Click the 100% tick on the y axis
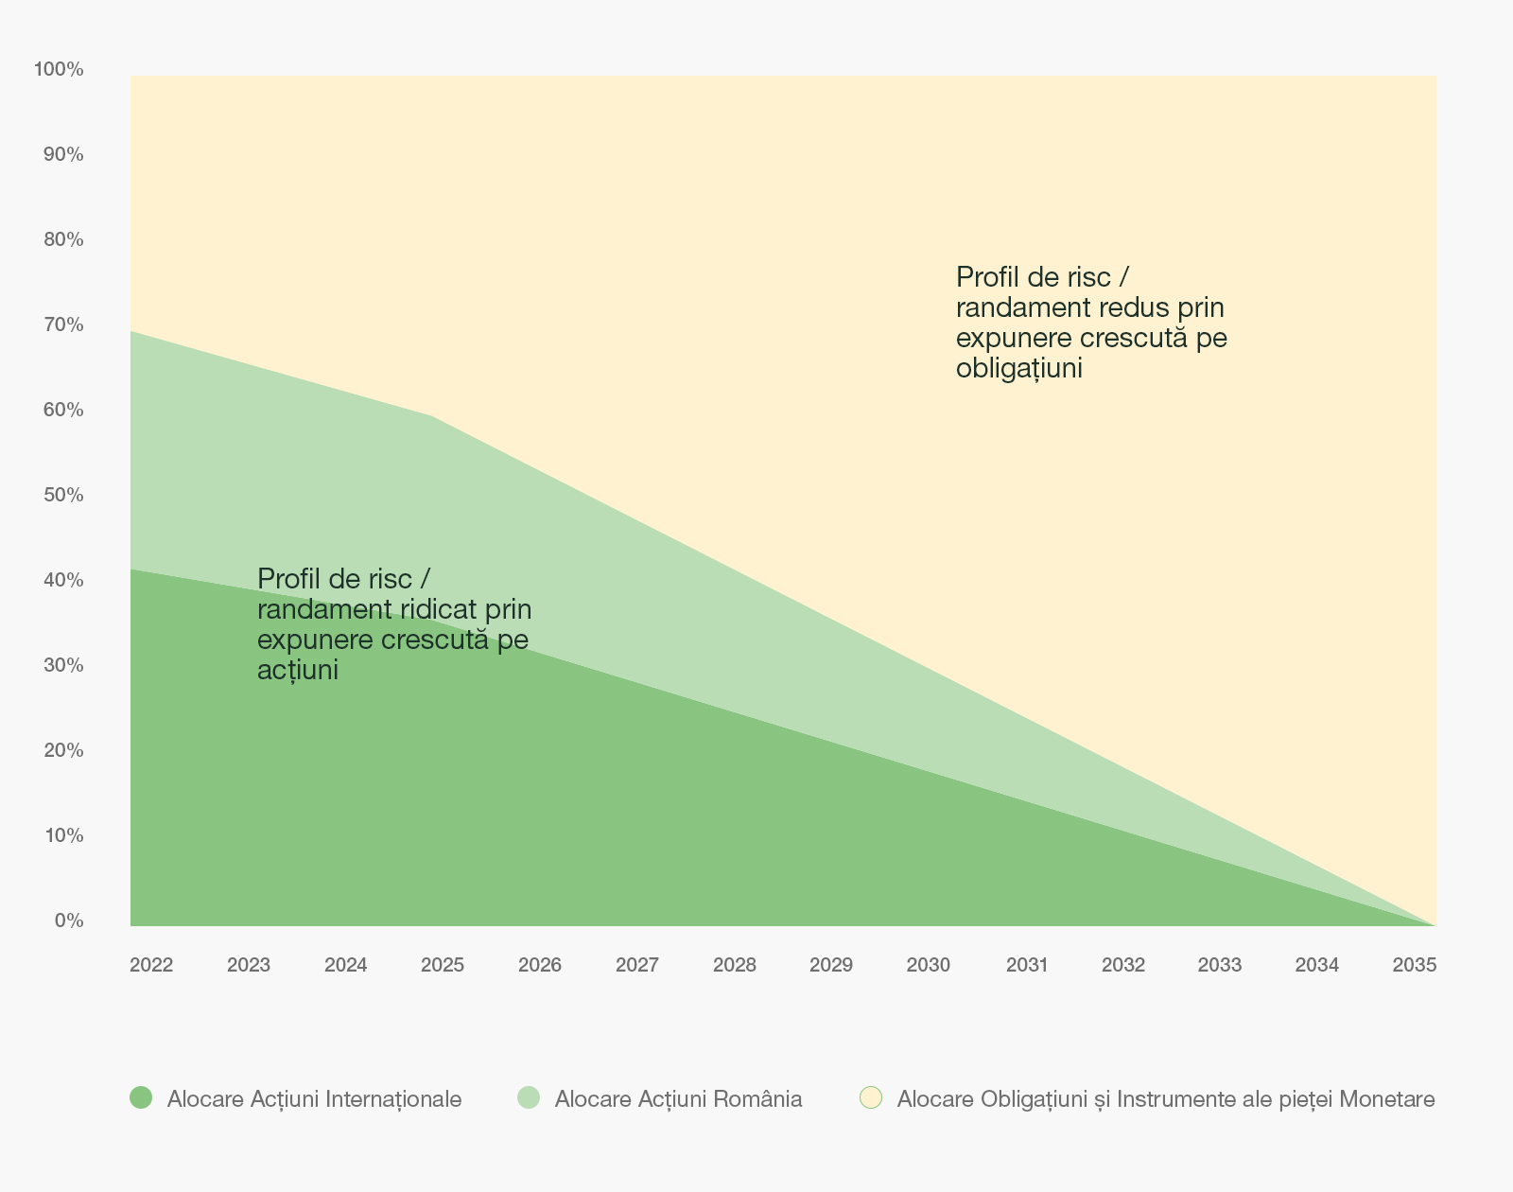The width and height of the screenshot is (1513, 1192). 59,69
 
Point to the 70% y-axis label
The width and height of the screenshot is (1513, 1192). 63,324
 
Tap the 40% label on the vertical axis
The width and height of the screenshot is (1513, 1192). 63,580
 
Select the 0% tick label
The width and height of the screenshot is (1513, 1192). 69,920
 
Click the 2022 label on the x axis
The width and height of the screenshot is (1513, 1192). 151,965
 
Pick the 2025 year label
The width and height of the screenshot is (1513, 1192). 443,965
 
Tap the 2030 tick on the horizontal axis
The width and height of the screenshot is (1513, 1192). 928,965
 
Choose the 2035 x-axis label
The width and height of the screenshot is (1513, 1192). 1415,965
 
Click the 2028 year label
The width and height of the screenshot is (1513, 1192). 735,965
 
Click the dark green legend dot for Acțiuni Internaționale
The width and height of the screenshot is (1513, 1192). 141,1097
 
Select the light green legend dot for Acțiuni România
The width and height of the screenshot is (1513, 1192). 529,1097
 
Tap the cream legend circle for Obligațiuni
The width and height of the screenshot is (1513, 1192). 871,1097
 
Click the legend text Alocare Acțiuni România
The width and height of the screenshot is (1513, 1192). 678,1099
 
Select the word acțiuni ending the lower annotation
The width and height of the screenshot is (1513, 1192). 297,670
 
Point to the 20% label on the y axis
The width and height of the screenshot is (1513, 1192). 63,750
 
